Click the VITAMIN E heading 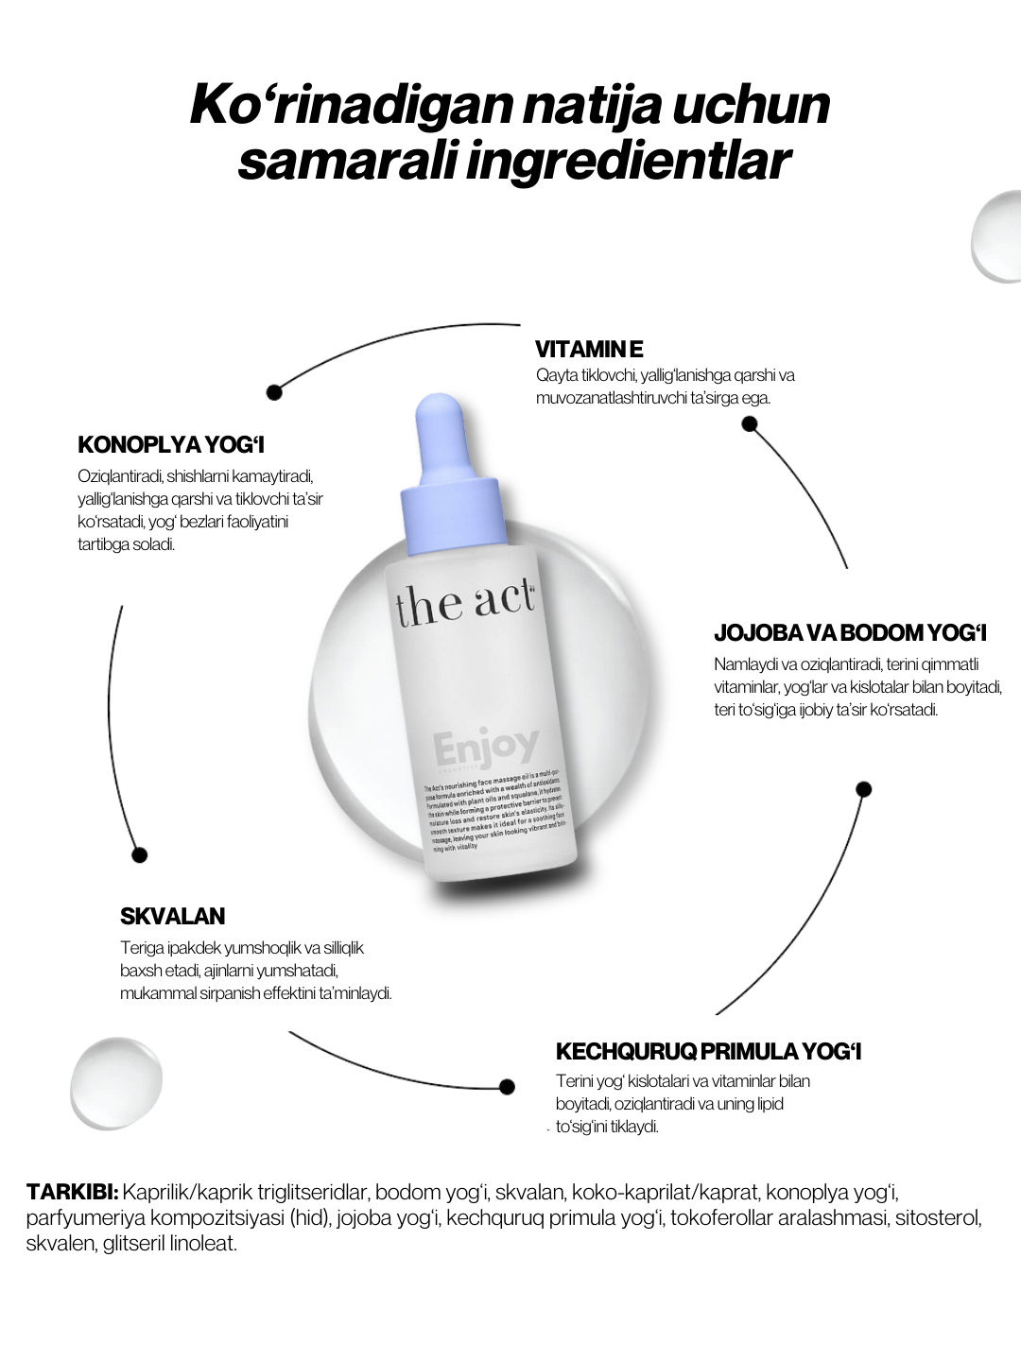[589, 350]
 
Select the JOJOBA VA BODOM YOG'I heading [850, 633]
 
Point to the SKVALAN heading [172, 916]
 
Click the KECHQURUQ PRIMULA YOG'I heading [708, 1052]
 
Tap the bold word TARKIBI [72, 1191]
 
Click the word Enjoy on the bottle [486, 747]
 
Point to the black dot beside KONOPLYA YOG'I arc [274, 390]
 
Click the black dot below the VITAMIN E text [750, 424]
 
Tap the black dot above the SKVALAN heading [140, 855]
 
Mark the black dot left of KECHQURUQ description [507, 1087]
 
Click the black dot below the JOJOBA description [863, 789]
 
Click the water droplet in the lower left [116, 1082]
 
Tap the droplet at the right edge [997, 236]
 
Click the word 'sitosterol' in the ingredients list [936, 1217]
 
